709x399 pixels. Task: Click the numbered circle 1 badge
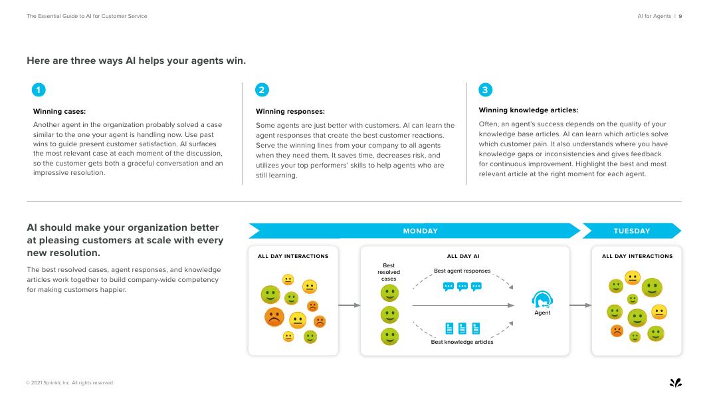tap(39, 90)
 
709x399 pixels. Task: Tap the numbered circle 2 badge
tap(262, 90)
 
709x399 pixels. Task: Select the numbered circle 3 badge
tap(485, 90)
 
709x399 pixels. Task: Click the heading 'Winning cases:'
tap(60, 111)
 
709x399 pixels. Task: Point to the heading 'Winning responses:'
tap(290, 111)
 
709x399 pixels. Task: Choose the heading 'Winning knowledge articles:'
tap(528, 110)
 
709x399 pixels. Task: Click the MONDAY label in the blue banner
tap(420, 231)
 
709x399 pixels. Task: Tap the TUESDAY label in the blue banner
tap(631, 231)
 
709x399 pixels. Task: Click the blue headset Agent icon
tap(542, 299)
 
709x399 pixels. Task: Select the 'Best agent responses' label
tap(462, 271)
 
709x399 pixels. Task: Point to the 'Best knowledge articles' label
tap(462, 342)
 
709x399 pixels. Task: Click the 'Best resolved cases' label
tap(389, 272)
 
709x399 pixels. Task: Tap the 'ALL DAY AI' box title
tap(463, 256)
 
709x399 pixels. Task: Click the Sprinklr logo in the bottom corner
tap(675, 382)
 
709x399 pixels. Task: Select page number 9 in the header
tap(680, 16)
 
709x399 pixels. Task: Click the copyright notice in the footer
tap(70, 382)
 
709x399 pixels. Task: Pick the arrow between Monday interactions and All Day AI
tap(350, 305)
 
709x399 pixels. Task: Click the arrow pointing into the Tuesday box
tap(580, 305)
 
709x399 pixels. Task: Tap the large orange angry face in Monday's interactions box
tap(274, 317)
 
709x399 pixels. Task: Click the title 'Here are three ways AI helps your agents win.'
tap(136, 61)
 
